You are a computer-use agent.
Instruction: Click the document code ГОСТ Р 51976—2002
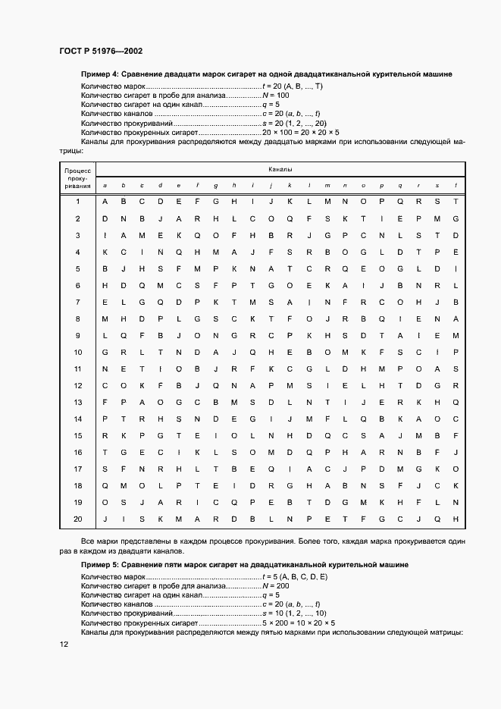(x=101, y=51)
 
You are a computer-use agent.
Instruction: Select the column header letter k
(x=290, y=185)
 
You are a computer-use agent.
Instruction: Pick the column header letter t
(x=456, y=185)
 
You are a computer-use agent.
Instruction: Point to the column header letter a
(x=105, y=185)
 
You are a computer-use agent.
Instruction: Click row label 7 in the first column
(x=77, y=302)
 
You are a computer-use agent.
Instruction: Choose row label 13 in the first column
(x=77, y=402)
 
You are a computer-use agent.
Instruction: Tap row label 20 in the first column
(x=77, y=519)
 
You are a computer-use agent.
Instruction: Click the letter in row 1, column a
(x=105, y=202)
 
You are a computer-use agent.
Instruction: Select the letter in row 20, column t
(x=456, y=519)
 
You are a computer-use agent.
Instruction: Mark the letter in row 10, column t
(x=456, y=352)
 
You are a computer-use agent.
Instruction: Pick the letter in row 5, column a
(x=105, y=268)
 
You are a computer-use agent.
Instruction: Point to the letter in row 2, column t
(x=456, y=218)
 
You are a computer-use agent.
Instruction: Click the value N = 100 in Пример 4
(x=275, y=95)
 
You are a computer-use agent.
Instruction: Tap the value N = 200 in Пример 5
(x=275, y=586)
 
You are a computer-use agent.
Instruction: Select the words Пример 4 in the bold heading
(x=99, y=74)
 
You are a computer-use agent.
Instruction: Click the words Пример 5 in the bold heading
(x=99, y=565)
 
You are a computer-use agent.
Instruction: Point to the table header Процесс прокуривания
(x=77, y=178)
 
